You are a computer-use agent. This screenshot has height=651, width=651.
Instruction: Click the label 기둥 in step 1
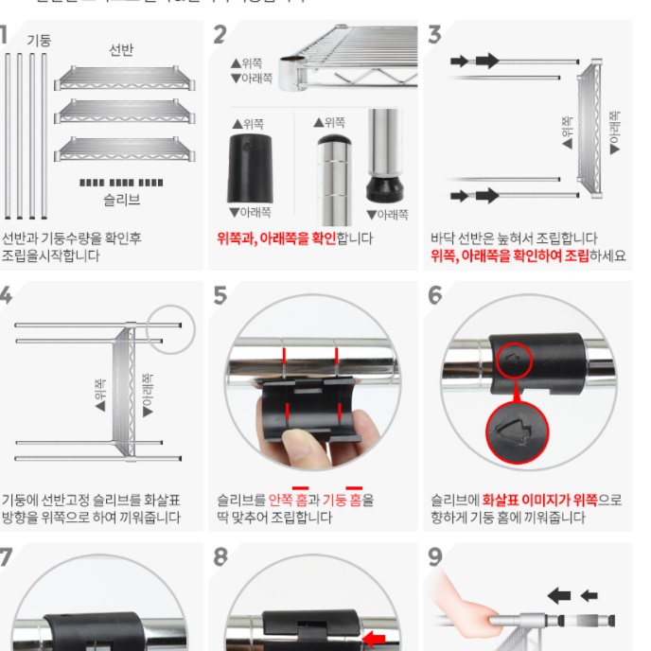pos(39,40)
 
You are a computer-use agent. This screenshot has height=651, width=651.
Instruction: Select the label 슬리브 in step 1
pos(121,200)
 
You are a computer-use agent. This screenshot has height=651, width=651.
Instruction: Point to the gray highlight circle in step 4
pos(171,324)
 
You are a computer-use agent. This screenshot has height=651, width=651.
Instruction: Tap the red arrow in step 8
pos(375,638)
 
